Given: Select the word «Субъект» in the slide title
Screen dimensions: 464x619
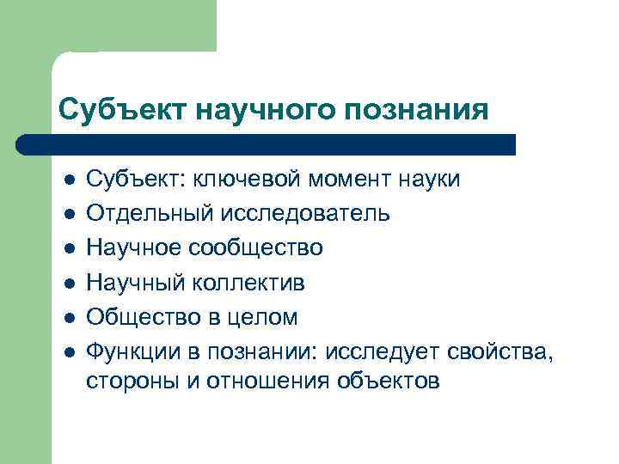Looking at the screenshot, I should click(x=121, y=110).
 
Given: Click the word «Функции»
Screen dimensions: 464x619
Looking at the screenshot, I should click(x=130, y=351).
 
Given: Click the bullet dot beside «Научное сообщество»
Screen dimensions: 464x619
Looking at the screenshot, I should click(x=70, y=249).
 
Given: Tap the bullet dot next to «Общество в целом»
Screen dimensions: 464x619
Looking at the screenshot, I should click(x=70, y=318).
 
